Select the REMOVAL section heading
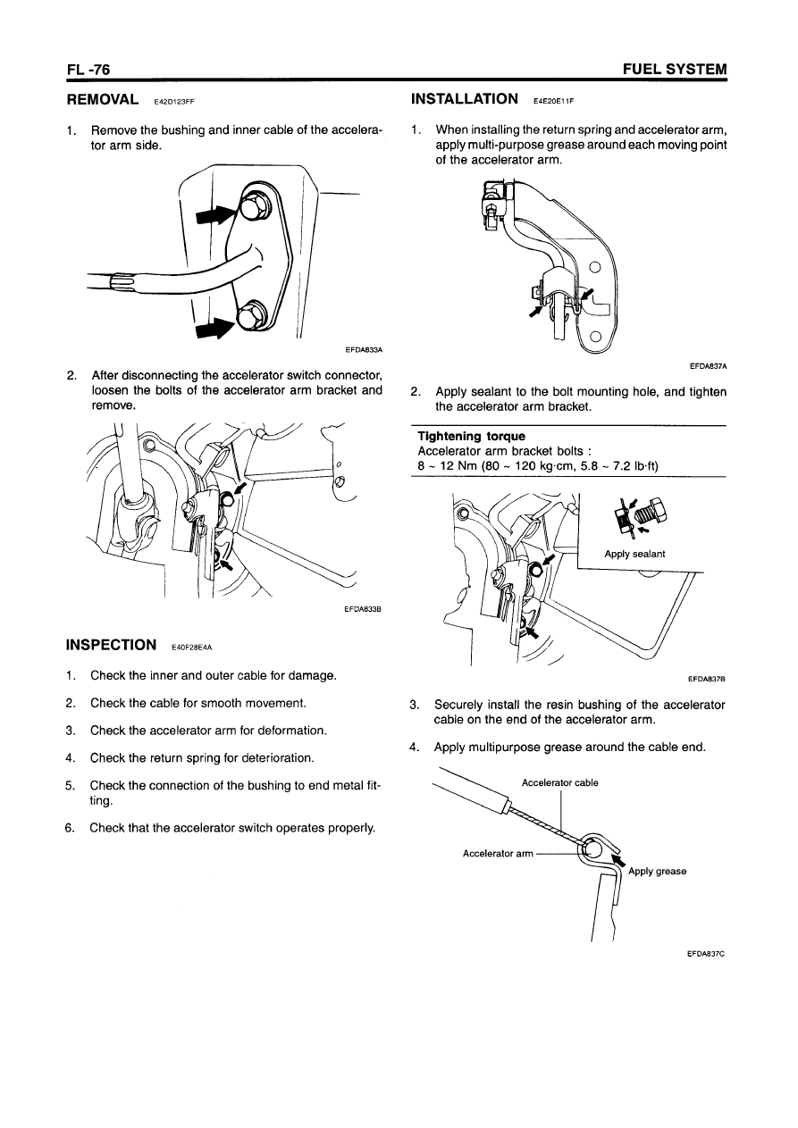103,98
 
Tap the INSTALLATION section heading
464,98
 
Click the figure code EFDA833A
364,350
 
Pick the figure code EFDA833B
363,610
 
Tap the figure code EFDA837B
707,679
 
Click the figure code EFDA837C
705,953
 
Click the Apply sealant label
634,554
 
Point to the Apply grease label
657,872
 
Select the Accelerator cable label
559,783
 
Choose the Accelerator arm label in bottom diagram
498,853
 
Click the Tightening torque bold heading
459,436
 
